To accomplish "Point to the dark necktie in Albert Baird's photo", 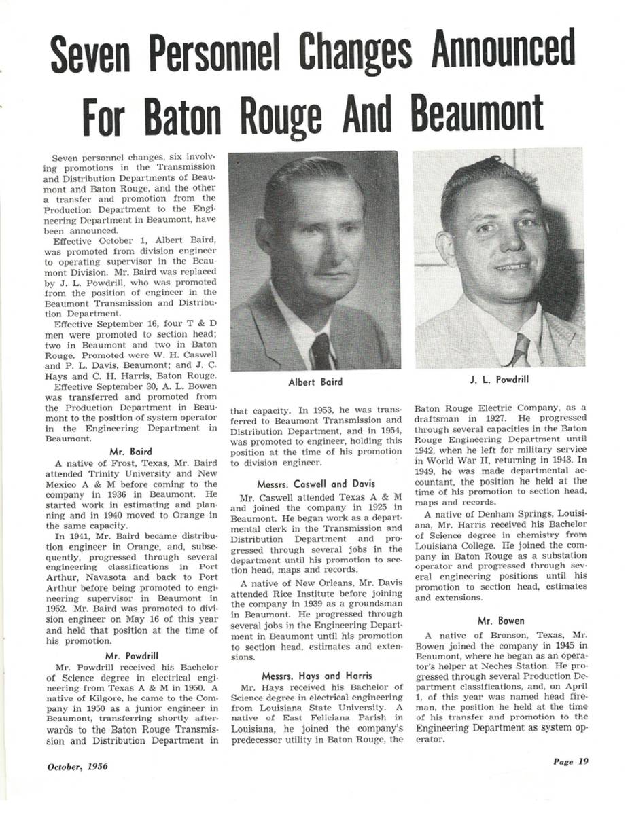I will tap(320, 352).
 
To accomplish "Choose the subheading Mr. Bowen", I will tap(498, 621).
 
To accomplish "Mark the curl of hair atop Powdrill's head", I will tap(492, 163).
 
